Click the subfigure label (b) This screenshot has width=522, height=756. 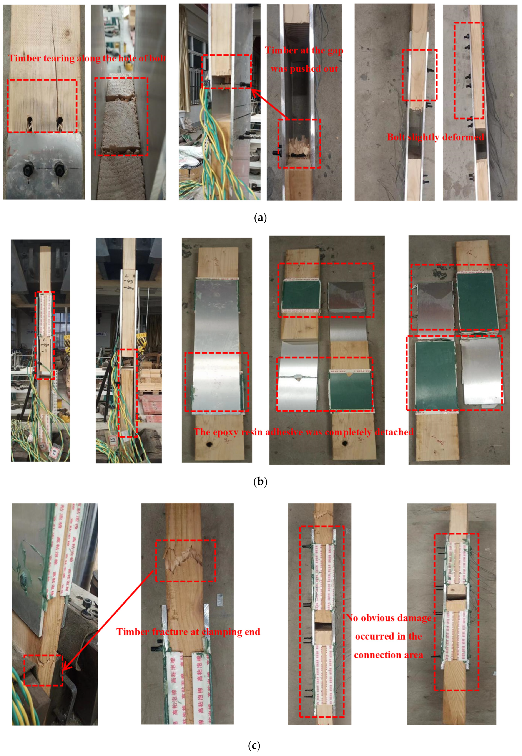[260, 481]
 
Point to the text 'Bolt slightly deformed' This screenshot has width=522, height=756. [435, 137]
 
